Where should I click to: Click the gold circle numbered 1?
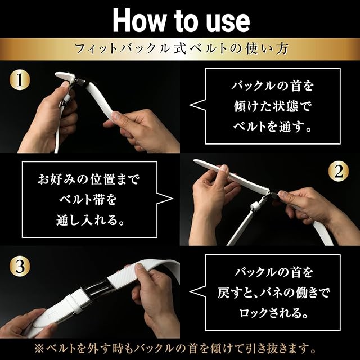20,80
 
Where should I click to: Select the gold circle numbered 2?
339,171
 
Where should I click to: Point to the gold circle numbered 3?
20,267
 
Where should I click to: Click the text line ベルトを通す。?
272,127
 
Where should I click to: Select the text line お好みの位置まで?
89,179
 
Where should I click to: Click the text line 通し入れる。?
91,220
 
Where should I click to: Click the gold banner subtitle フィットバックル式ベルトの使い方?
181,49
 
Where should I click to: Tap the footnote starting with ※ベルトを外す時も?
175,349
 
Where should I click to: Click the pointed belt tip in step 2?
195,161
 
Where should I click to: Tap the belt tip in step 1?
57,75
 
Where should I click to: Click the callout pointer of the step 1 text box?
197,105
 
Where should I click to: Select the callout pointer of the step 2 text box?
165,199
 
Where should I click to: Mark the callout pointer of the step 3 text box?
197,291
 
